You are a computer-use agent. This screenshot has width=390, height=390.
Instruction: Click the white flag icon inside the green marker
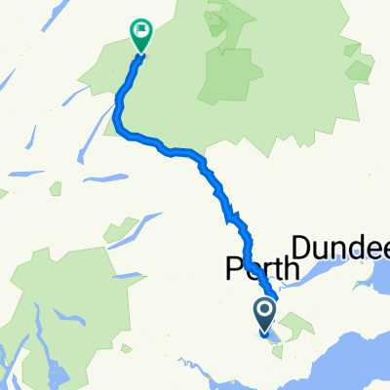tap(143, 32)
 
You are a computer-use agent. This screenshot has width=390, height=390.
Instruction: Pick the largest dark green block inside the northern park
tap(226, 73)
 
